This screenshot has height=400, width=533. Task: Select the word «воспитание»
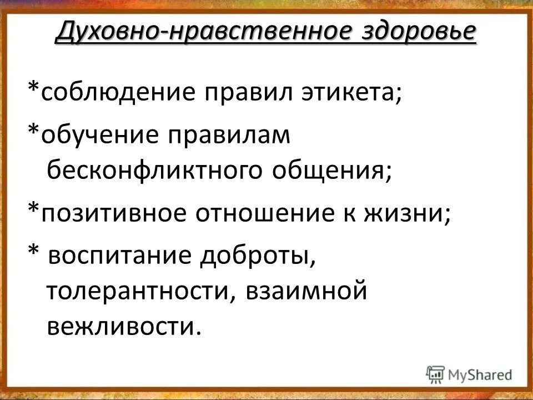pyautogui.click(x=134, y=257)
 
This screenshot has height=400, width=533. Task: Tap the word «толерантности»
pyautogui.click(x=139, y=292)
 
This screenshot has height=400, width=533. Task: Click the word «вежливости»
pyautogui.click(x=122, y=326)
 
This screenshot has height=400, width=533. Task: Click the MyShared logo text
pyautogui.click(x=480, y=374)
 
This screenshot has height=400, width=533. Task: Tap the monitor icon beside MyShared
pyautogui.click(x=436, y=373)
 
